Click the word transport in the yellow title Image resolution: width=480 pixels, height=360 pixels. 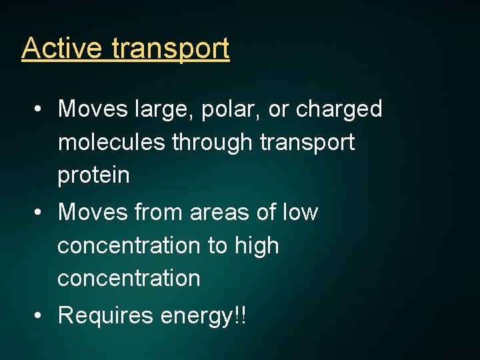(171, 49)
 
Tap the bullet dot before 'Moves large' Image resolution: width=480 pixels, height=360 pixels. (40, 109)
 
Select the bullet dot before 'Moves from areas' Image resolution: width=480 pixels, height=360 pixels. (40, 213)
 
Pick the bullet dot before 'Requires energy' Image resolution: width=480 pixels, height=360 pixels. (40, 316)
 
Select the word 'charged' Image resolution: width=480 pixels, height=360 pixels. (339, 109)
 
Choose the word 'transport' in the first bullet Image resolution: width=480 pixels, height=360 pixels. (308, 143)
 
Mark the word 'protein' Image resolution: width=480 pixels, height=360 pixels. (93, 176)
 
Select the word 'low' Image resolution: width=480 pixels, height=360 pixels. (300, 213)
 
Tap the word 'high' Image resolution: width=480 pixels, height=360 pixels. (257, 246)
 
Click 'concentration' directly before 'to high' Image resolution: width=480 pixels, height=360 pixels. (129, 246)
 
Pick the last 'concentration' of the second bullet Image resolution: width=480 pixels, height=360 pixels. (129, 279)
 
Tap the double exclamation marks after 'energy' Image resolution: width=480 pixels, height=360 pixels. (240, 315)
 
